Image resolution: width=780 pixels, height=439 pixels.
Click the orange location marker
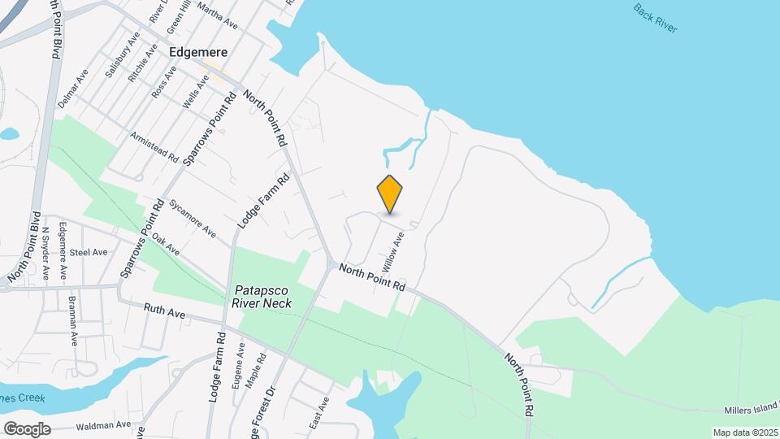(390, 194)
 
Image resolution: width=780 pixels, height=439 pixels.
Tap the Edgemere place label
(197, 51)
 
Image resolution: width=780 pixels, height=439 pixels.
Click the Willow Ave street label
(393, 252)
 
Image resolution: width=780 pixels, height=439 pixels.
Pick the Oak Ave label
(166, 245)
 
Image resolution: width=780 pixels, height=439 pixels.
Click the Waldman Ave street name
(103, 425)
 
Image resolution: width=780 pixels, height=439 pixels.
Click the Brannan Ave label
(74, 323)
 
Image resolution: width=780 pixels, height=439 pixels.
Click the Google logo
(27, 428)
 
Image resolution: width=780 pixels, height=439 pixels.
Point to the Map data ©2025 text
(744, 432)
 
